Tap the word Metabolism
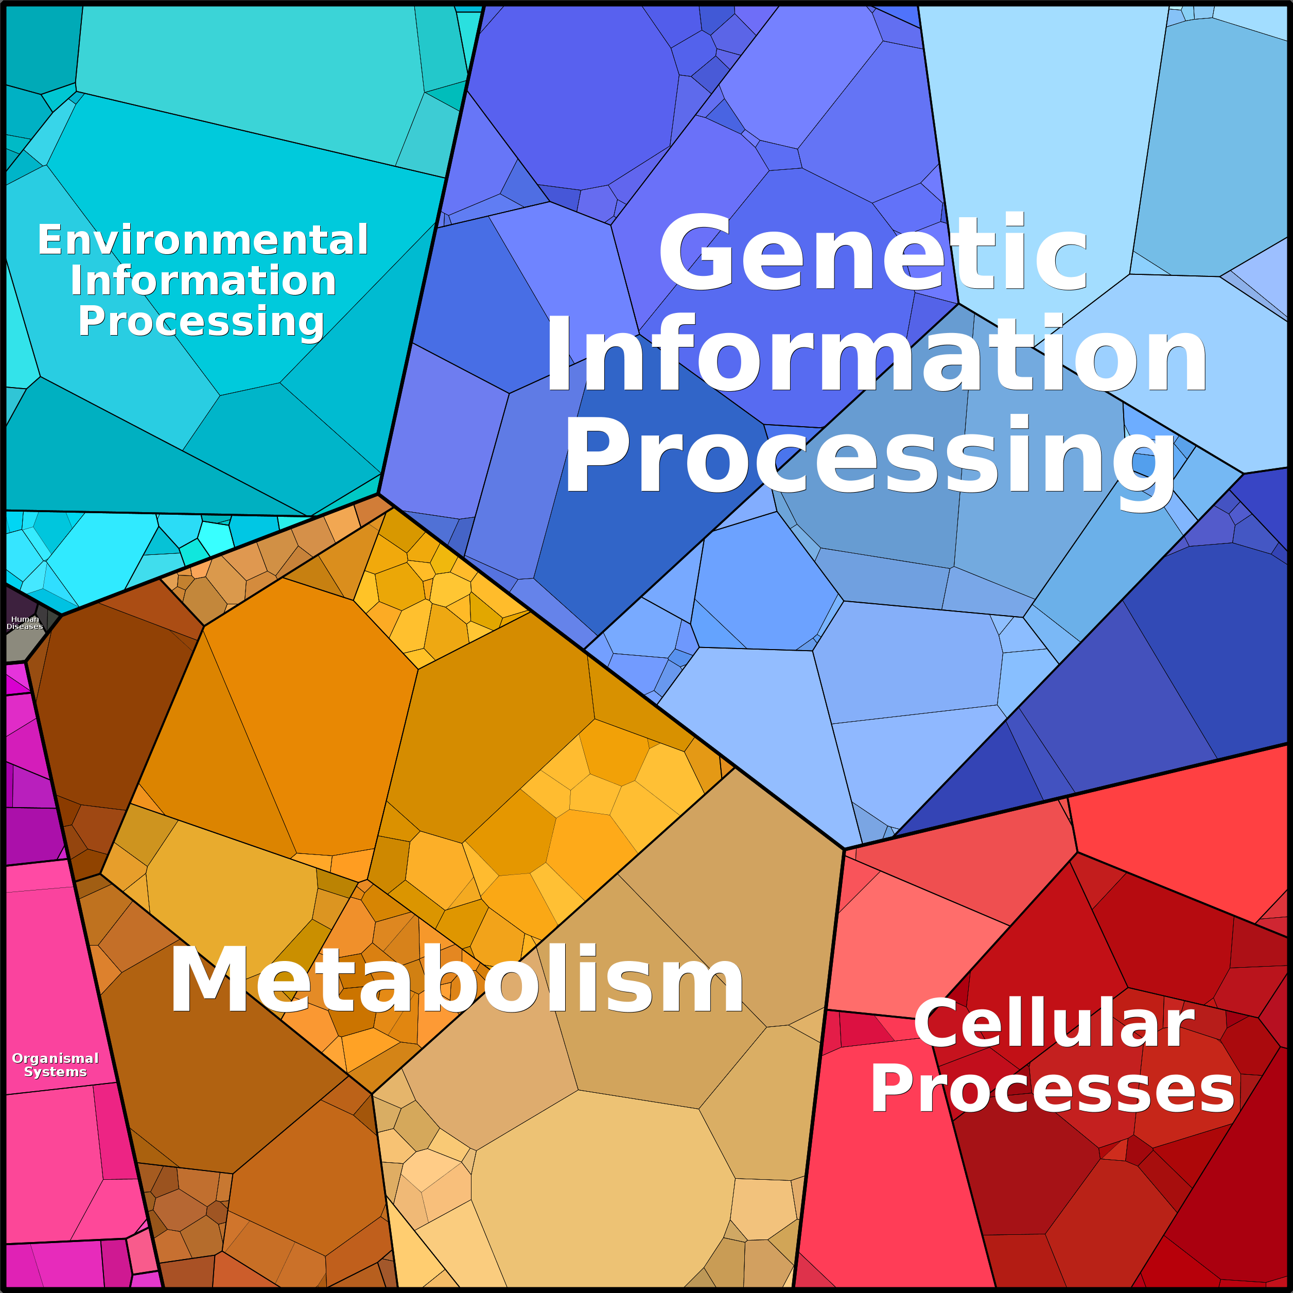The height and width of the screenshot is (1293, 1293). click(457, 980)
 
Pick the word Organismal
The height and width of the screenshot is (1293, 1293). click(56, 1059)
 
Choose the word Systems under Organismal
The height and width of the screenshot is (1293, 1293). click(56, 1072)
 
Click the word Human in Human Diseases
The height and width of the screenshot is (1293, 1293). click(25, 619)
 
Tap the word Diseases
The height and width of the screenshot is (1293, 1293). click(25, 626)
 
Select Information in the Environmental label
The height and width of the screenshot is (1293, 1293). click(203, 281)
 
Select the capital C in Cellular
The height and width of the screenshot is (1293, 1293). click(936, 1023)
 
